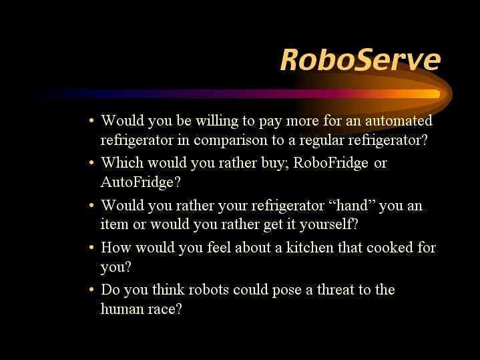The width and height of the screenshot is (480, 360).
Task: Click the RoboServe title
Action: (361, 59)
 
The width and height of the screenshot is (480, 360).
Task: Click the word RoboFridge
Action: (330, 163)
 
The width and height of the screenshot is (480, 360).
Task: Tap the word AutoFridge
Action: (140, 182)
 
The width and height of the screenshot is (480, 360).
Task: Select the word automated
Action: (399, 120)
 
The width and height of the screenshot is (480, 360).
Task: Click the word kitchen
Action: (310, 247)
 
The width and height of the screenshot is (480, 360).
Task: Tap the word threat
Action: (336, 289)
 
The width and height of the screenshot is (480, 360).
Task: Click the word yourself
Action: (328, 224)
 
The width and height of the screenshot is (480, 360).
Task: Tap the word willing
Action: (217, 121)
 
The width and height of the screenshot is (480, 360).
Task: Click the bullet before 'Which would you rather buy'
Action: (91, 163)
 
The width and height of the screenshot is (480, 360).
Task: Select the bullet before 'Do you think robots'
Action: (91, 289)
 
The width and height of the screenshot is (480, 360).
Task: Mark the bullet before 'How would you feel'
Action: (91, 247)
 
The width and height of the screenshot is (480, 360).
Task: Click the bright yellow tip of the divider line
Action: (436, 94)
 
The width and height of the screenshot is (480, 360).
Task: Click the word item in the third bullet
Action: (114, 224)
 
